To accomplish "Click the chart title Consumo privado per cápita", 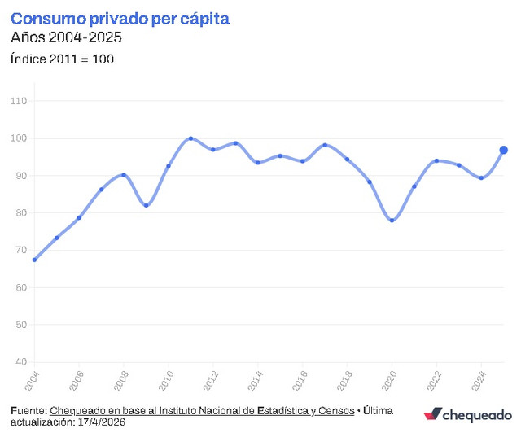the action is point(120,19).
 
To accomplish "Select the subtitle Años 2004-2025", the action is point(66,37).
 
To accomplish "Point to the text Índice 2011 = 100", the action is point(62,59).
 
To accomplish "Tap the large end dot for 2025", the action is point(503,150).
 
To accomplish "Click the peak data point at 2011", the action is point(190,138).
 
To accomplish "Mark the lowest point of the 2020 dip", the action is point(392,221).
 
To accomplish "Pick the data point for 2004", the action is point(34,260).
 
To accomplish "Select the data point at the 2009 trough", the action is point(147,205).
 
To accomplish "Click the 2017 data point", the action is point(325,145).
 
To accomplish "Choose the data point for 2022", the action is point(436,161).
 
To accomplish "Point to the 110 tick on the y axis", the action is point(19,101).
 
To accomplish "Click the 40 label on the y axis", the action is point(21,362).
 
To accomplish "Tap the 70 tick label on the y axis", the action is point(21,250).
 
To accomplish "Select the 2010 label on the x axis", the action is point(166,381).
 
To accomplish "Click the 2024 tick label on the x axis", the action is point(479,381).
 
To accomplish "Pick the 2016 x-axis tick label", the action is point(300,381).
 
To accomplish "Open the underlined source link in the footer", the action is point(202,411).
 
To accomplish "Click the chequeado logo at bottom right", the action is point(468,415).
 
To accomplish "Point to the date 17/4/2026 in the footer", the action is point(102,422).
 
